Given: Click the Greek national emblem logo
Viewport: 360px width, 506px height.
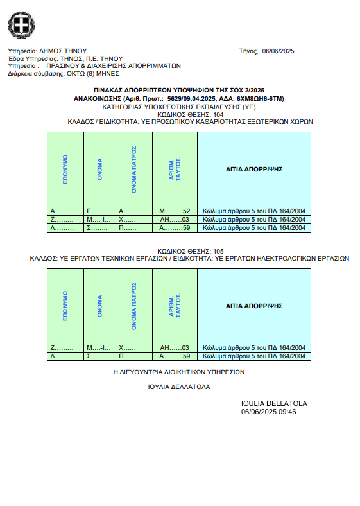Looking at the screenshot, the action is click(x=21, y=25).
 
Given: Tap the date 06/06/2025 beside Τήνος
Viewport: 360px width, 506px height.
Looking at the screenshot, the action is click(x=278, y=51).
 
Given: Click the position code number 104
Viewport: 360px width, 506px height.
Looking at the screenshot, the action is click(x=218, y=114).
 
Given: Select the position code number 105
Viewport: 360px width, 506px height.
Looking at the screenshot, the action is click(x=218, y=251).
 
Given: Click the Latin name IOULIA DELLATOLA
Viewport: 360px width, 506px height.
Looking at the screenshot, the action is click(x=274, y=403).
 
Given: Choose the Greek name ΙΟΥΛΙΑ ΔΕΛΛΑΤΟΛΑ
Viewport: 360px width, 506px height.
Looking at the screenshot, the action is click(x=179, y=387).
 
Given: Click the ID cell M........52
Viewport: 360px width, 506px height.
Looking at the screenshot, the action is click(x=175, y=211).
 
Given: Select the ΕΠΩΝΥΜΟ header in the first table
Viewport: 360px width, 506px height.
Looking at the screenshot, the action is click(x=65, y=170).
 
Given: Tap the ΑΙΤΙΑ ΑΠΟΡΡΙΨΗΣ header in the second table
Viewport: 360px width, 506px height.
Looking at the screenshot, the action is click(x=254, y=306).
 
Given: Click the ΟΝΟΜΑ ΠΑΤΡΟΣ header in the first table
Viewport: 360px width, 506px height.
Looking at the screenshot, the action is click(x=134, y=170).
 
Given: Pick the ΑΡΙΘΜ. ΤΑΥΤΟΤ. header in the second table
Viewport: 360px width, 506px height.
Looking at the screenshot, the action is click(x=175, y=306).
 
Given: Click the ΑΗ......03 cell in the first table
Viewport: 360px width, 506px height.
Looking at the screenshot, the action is click(x=175, y=220).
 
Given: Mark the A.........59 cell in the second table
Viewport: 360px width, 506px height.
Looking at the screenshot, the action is click(x=175, y=356).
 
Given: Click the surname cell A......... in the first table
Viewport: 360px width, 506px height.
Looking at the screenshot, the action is click(x=62, y=211).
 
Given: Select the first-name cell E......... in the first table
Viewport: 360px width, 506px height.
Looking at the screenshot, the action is click(x=98, y=211).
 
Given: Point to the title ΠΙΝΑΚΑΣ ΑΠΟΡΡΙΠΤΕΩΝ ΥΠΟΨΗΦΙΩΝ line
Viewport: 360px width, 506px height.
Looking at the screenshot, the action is click(x=179, y=91).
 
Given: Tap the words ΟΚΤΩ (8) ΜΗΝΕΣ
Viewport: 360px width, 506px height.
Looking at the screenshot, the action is click(x=93, y=74).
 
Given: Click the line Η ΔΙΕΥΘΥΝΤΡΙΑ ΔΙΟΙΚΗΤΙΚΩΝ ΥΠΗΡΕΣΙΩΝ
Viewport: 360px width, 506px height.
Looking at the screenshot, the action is click(x=179, y=372).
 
